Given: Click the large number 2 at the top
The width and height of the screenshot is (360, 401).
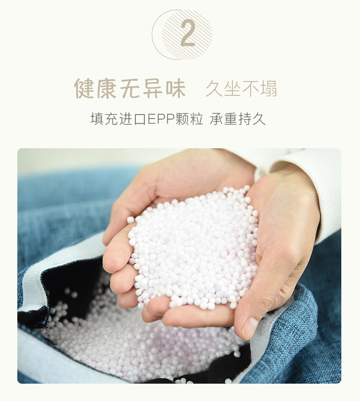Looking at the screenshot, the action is (188, 33).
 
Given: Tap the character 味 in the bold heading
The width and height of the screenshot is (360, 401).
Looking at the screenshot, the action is (175, 89).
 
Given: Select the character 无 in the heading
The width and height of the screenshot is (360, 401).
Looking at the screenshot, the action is (130, 89).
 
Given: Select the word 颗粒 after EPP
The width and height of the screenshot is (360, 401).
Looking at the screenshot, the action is (189, 119).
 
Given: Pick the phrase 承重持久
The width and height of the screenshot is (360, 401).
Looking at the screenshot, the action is (237, 119).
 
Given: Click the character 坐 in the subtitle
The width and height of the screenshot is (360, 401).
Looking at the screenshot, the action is (232, 89).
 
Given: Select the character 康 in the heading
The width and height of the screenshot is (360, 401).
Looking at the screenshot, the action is (107, 89).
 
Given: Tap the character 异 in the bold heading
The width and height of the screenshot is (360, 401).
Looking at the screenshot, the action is (153, 89).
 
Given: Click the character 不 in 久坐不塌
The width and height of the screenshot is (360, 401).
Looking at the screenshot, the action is (250, 89).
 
